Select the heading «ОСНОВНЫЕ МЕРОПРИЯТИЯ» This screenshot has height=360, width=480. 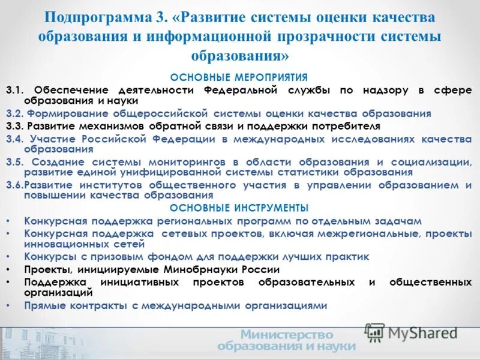pyautogui.click(x=239, y=77)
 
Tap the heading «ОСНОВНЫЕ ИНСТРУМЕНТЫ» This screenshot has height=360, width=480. pyautogui.click(x=239, y=208)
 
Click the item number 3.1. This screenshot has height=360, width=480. pyautogui.click(x=14, y=90)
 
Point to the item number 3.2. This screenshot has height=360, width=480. pyautogui.click(x=14, y=113)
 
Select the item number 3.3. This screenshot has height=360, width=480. pyautogui.click(x=14, y=127)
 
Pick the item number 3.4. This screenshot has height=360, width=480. pyautogui.click(x=14, y=139)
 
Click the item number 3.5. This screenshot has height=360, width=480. pyautogui.click(x=14, y=162)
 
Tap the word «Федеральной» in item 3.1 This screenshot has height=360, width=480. pyautogui.click(x=240, y=90)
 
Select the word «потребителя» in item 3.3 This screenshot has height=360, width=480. pyautogui.click(x=341, y=127)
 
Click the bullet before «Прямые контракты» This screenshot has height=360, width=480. pyautogui.click(x=8, y=305)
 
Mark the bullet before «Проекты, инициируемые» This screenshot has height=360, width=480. pyautogui.click(x=8, y=269)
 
